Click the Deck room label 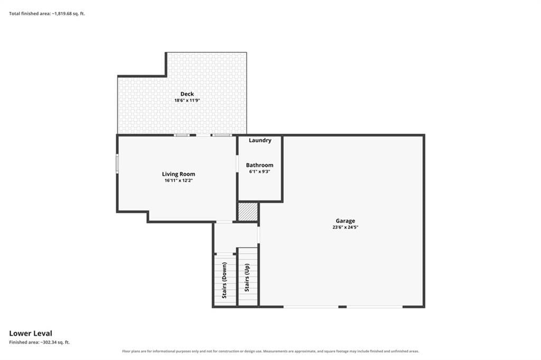(x=187, y=94)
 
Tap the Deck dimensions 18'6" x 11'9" (x=187, y=100)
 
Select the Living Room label (x=179, y=174)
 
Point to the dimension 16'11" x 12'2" (x=179, y=180)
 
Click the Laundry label (x=260, y=140)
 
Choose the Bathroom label (x=259, y=165)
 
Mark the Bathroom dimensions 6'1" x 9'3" (x=259, y=171)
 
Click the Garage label (x=346, y=221)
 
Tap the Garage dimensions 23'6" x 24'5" (x=346, y=227)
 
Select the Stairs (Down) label (x=225, y=280)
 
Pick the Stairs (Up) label (x=247, y=278)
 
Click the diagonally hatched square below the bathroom (x=248, y=211)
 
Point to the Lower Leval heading (x=31, y=334)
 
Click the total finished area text (x=47, y=14)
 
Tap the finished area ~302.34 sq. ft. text (x=39, y=343)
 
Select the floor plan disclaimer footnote (x=270, y=352)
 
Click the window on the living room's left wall (x=117, y=163)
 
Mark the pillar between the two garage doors (x=342, y=307)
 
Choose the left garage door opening (x=311, y=307)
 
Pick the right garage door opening (x=375, y=307)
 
